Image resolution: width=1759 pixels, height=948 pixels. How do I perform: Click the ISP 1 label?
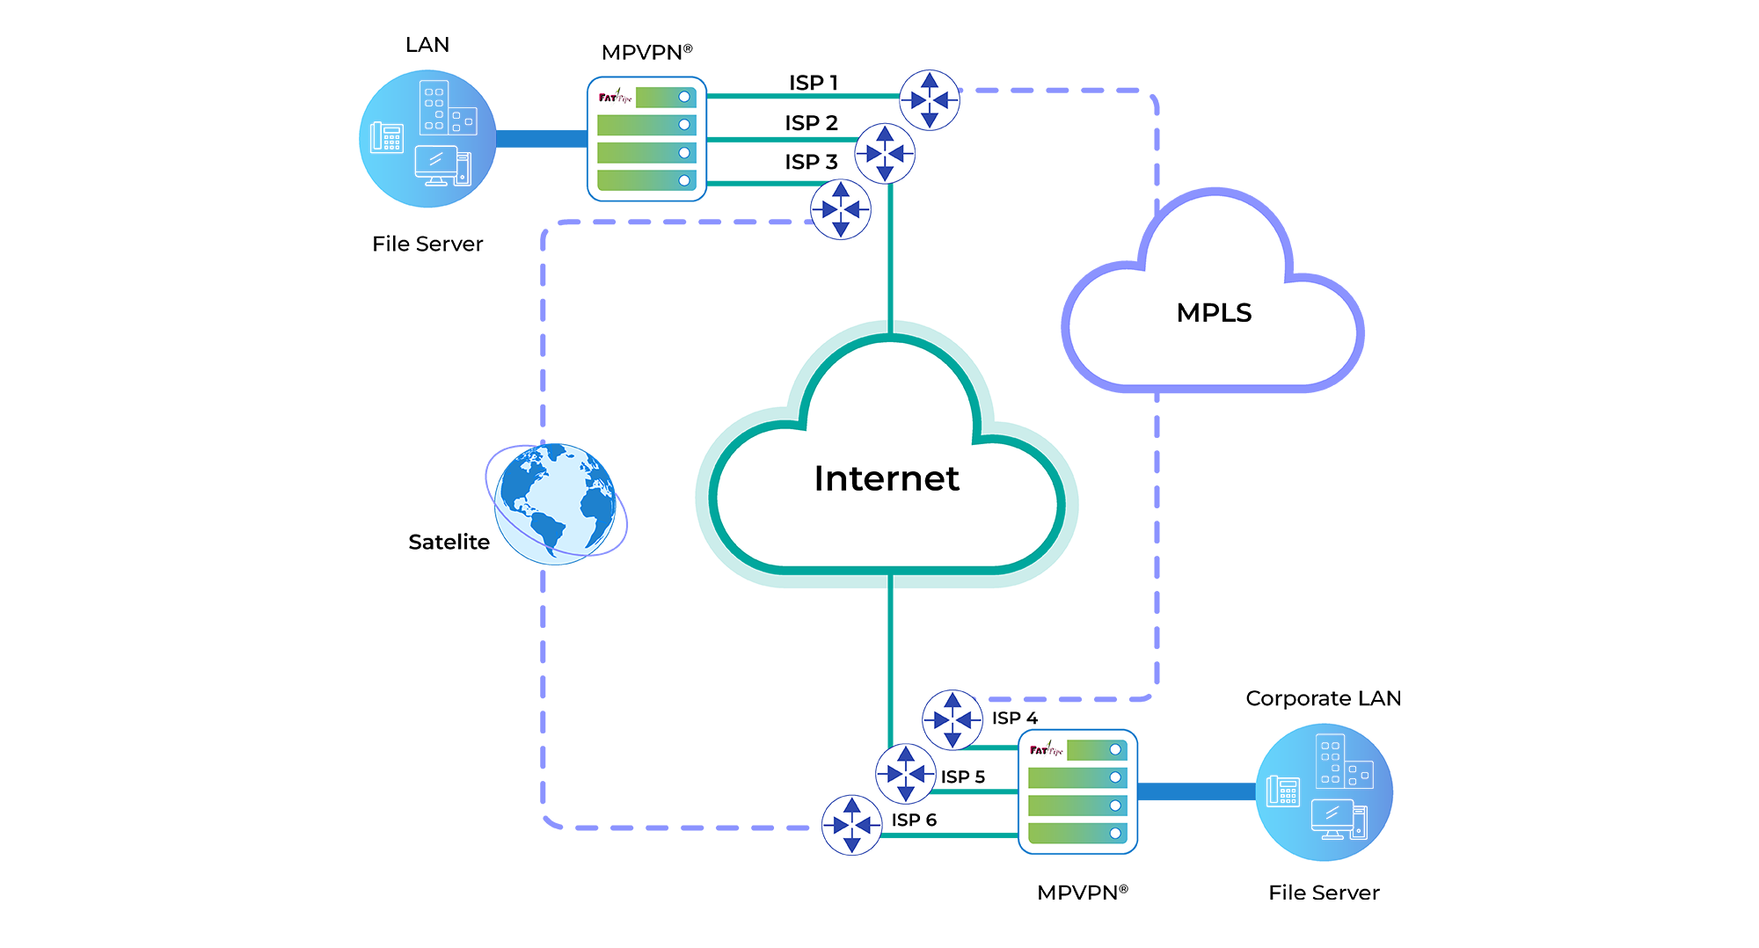(813, 83)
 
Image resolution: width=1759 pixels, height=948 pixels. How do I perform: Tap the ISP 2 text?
(811, 123)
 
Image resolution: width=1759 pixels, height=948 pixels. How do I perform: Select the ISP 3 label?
(811, 162)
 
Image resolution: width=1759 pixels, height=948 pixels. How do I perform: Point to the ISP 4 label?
(1014, 718)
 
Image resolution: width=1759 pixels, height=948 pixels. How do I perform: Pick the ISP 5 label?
(962, 777)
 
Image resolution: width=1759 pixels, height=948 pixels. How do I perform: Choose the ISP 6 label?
(914, 820)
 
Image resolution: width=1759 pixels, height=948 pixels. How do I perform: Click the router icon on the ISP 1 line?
(930, 100)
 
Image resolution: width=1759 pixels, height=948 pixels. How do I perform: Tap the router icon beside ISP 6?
(851, 825)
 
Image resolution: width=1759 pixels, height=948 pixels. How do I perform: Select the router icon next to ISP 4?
(952, 720)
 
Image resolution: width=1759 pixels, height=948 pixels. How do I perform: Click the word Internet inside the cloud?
(887, 478)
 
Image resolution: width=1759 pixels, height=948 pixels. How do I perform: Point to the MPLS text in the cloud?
(1214, 313)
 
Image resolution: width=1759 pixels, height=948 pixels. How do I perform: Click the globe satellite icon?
(556, 504)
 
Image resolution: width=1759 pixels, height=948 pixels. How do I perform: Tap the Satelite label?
(449, 543)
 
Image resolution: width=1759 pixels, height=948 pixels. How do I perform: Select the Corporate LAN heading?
(1323, 698)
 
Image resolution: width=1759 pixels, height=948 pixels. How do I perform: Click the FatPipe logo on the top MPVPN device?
(616, 97)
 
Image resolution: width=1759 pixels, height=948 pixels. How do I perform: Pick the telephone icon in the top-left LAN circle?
(387, 137)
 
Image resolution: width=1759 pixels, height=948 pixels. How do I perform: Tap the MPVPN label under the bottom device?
(1082, 893)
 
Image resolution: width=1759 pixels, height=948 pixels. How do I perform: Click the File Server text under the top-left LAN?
(427, 244)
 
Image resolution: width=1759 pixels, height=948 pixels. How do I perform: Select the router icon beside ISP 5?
(905, 774)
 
